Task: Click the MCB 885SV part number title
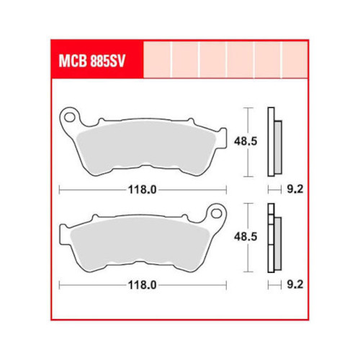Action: coord(92,62)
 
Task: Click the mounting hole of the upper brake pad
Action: coord(70,118)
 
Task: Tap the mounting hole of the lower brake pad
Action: coord(217,213)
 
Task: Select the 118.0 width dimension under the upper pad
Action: coord(143,190)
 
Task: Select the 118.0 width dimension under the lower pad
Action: coord(143,285)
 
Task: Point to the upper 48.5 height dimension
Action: coord(246,141)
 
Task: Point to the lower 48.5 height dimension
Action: coord(246,237)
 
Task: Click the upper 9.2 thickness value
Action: coord(295,189)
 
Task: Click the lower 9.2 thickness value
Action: coord(295,285)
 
